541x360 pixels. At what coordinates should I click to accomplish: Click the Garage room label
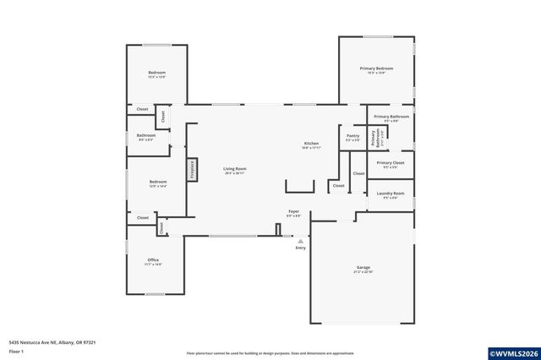click(362, 268)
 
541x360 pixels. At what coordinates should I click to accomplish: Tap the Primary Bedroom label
click(376, 69)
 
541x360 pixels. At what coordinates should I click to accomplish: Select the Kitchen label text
click(311, 144)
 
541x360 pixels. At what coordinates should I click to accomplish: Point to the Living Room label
click(234, 169)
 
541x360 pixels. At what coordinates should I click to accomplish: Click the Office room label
click(153, 260)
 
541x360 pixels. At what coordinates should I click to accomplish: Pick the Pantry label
click(352, 135)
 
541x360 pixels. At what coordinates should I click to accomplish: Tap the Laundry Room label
click(391, 194)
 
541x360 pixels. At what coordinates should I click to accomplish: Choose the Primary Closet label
click(391, 162)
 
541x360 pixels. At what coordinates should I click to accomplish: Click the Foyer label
click(293, 211)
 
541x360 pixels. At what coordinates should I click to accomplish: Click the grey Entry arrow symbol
click(300, 241)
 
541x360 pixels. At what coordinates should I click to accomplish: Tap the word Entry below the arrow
click(300, 248)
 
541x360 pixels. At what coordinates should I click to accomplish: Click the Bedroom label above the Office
click(158, 182)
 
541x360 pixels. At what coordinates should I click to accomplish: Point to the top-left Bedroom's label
click(157, 73)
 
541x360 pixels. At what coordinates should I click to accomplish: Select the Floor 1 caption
click(16, 350)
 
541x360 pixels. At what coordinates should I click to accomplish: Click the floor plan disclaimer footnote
click(270, 353)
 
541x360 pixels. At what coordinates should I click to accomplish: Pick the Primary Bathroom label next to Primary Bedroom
click(391, 116)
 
